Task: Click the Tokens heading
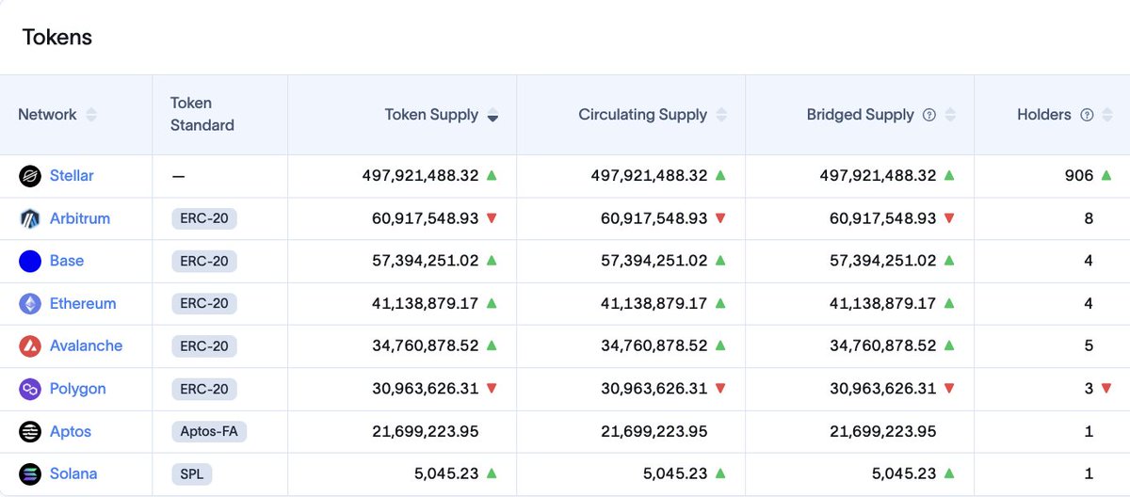[57, 38]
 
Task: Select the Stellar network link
[72, 176]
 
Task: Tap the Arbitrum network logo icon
[30, 218]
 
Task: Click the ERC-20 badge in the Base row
[204, 261]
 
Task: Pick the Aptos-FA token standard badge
[209, 431]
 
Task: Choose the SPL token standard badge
[192, 473]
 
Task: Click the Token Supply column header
[431, 115]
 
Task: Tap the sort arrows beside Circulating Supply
[721, 115]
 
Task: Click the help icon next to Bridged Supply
[929, 115]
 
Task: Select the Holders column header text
[1043, 115]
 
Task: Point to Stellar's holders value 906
[1079, 176]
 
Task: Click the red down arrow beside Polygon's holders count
[1106, 389]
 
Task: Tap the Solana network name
[73, 473]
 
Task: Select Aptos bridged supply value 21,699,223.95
[883, 431]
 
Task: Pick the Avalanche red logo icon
[30, 346]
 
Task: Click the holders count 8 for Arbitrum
[1089, 218]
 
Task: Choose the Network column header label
[47, 115]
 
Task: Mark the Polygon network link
[77, 389]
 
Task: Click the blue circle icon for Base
[30, 261]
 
